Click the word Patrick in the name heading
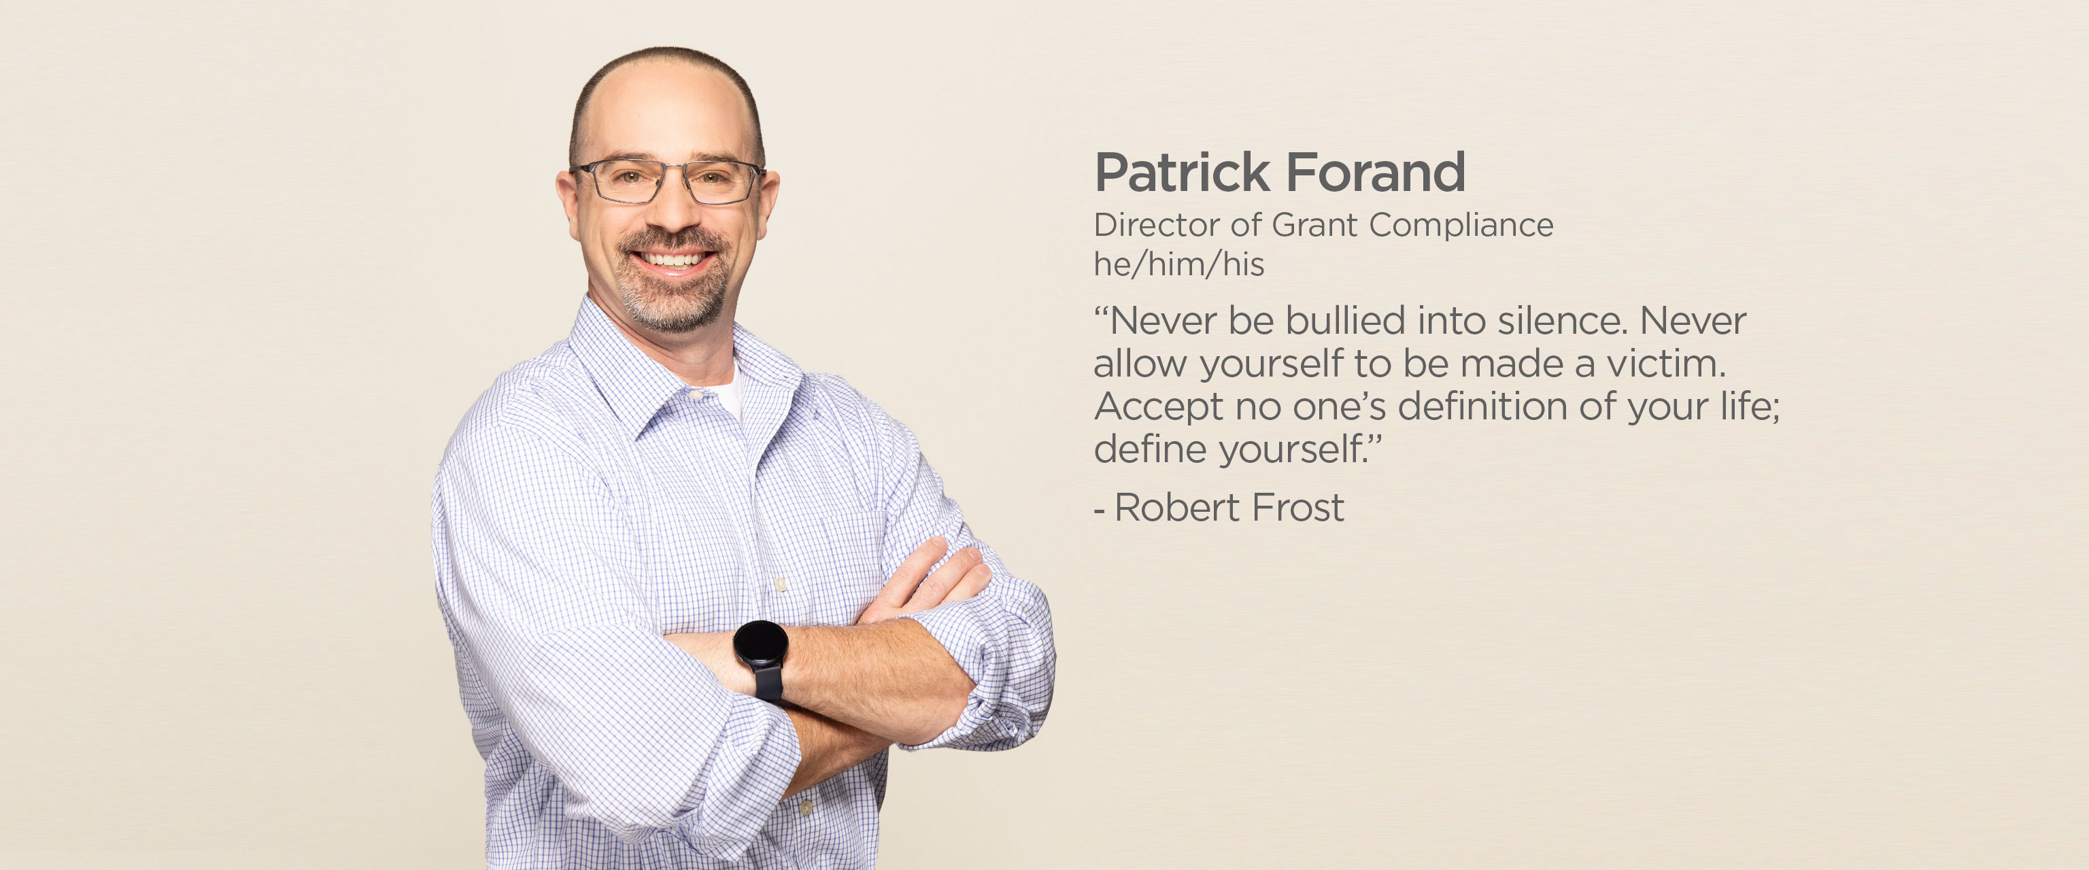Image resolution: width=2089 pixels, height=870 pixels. pos(1182,172)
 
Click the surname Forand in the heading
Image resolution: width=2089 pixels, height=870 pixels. pos(1376,172)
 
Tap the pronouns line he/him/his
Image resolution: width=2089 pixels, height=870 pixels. pos(1179,264)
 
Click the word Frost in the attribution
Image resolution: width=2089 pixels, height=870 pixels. pos(1298,508)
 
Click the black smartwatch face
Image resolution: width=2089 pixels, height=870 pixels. pos(761,646)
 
